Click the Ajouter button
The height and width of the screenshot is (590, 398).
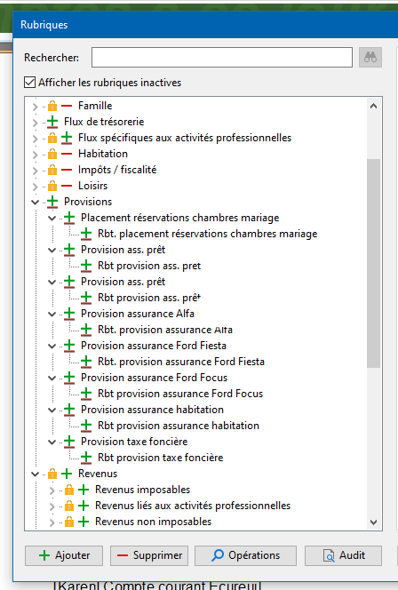[64, 555]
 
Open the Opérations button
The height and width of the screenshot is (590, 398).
[245, 555]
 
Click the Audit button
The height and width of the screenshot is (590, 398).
[343, 555]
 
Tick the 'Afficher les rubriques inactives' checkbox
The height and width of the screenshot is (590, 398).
[29, 83]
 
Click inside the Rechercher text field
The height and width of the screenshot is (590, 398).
[222, 57]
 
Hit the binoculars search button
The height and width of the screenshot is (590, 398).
[370, 57]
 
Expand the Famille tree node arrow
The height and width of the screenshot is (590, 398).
[35, 107]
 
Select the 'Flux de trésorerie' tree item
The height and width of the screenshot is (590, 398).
[104, 122]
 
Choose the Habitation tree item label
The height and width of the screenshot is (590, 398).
[103, 154]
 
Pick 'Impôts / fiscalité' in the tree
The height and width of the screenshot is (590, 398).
[117, 170]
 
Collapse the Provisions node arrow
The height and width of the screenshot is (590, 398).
[35, 202]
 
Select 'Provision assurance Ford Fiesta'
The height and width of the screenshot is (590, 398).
[154, 346]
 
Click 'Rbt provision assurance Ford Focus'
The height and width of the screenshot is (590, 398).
[180, 394]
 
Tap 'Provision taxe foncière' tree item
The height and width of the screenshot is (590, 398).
[134, 442]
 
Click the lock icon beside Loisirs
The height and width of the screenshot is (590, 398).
[52, 186]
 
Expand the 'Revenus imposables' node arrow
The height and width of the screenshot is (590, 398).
[52, 490]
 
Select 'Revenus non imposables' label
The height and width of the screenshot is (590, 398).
[153, 522]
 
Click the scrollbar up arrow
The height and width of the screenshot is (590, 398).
[373, 106]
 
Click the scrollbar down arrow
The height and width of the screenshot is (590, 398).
[373, 522]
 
